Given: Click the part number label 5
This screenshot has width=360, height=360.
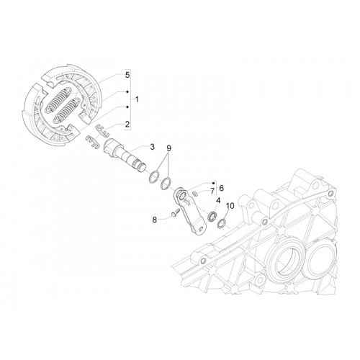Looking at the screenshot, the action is point(127,75).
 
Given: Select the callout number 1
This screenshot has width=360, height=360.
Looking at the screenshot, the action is point(137,99).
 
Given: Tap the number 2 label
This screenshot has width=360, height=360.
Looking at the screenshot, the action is point(127,124).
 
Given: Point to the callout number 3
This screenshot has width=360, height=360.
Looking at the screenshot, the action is point(152,147).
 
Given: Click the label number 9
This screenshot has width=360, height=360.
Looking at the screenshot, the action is point(168,148).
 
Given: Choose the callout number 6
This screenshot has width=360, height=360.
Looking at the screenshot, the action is point(221,188).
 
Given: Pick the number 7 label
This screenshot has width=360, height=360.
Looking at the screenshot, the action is point(212,192).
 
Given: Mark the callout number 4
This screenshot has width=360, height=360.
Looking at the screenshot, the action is point(218,200).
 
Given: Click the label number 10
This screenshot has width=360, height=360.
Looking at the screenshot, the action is point(230,206).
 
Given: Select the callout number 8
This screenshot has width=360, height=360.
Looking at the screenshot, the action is point(155,220).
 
